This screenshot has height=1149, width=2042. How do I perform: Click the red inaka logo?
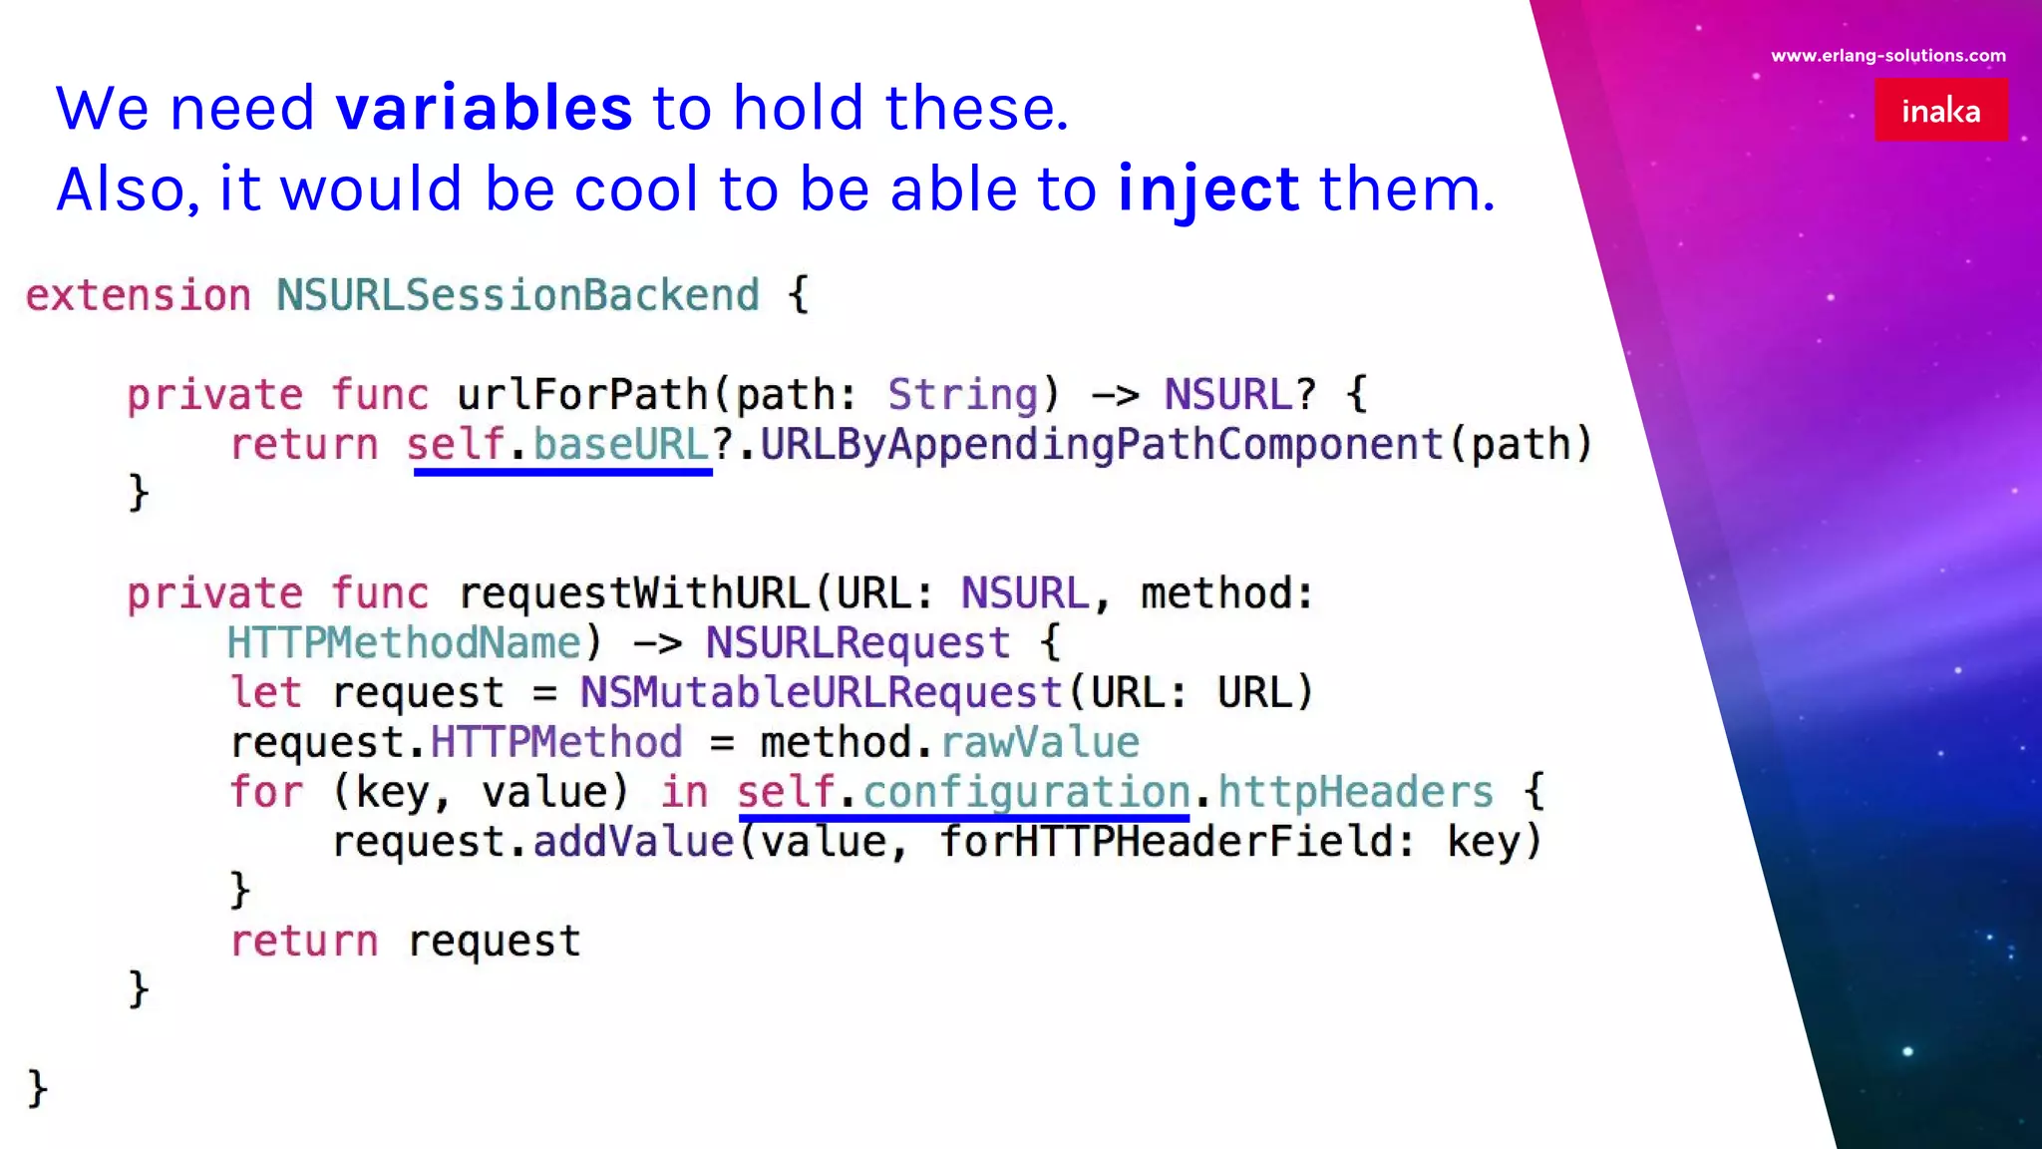[1940, 110]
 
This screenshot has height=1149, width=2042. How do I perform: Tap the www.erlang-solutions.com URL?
[1888, 56]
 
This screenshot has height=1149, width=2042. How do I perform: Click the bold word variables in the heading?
[485, 108]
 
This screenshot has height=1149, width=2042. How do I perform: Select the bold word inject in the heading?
[1208, 190]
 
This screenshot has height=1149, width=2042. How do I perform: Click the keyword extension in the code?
[139, 295]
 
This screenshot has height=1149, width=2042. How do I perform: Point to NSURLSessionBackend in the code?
[517, 295]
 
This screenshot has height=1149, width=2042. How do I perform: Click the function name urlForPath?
[582, 395]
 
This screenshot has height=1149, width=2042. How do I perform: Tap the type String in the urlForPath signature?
[963, 395]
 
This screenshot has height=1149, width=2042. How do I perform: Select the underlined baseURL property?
[620, 445]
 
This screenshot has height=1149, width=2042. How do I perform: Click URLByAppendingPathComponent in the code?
[1102, 445]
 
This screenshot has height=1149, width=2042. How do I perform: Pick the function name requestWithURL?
[634, 594]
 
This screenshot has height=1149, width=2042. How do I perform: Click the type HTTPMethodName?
[404, 643]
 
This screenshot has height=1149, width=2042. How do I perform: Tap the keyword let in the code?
[265, 693]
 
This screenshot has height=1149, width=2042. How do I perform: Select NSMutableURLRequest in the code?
[822, 693]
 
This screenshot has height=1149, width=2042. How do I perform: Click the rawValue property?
[1040, 743]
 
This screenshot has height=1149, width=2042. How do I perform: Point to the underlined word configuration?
[1026, 793]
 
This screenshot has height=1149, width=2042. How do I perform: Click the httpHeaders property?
[1355, 793]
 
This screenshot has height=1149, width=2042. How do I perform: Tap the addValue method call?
[633, 843]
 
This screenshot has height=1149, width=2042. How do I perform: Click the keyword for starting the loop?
[265, 793]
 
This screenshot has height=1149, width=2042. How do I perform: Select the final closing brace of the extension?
[37, 1088]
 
